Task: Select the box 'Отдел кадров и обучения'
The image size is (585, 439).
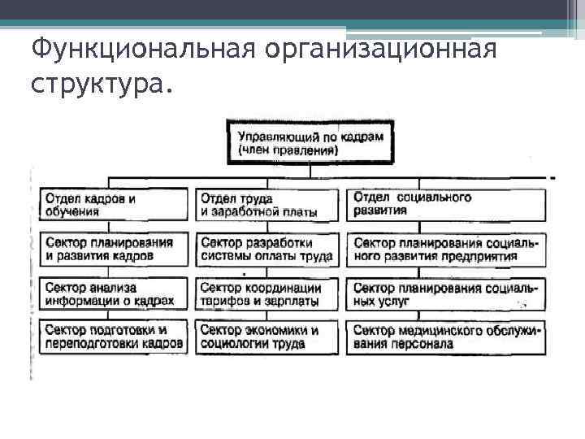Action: (x=114, y=205)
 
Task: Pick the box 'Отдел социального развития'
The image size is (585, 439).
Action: (x=446, y=204)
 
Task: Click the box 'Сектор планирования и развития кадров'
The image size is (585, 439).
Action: (x=114, y=250)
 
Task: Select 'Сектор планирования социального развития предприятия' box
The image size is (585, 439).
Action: (x=446, y=250)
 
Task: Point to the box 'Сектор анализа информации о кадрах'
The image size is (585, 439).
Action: (x=114, y=294)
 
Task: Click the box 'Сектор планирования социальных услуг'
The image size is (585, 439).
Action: (x=446, y=294)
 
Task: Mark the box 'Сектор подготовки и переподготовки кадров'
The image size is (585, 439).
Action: (x=114, y=337)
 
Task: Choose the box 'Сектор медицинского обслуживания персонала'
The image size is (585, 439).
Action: (x=446, y=337)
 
